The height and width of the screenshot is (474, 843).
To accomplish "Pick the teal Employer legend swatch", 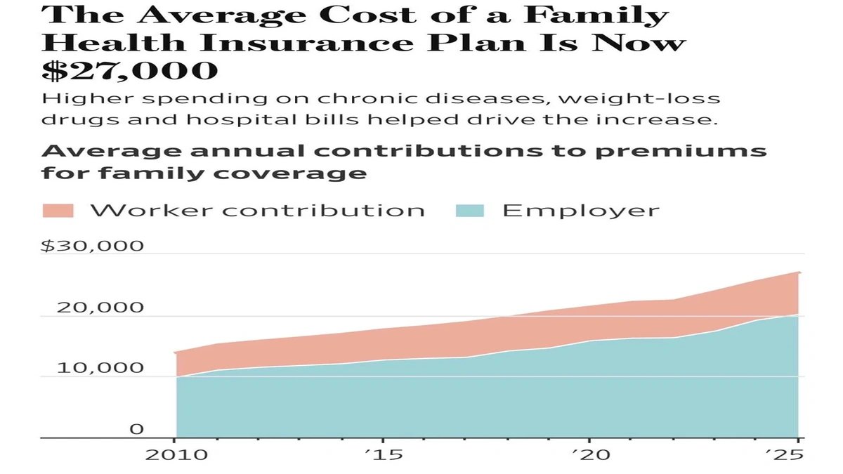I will pos(470,211).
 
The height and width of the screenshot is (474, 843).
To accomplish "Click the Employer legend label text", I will pos(580,211).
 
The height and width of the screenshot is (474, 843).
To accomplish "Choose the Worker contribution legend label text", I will pos(256,211).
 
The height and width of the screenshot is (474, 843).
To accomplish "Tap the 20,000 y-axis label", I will pos(100,308).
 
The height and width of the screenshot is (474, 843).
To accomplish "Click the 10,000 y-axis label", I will pos(100,368).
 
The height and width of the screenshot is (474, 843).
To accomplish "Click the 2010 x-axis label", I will pos(176,455).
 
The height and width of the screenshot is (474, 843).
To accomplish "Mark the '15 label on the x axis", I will pos(383,455).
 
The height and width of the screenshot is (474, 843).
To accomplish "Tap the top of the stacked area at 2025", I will pos(798,272).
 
